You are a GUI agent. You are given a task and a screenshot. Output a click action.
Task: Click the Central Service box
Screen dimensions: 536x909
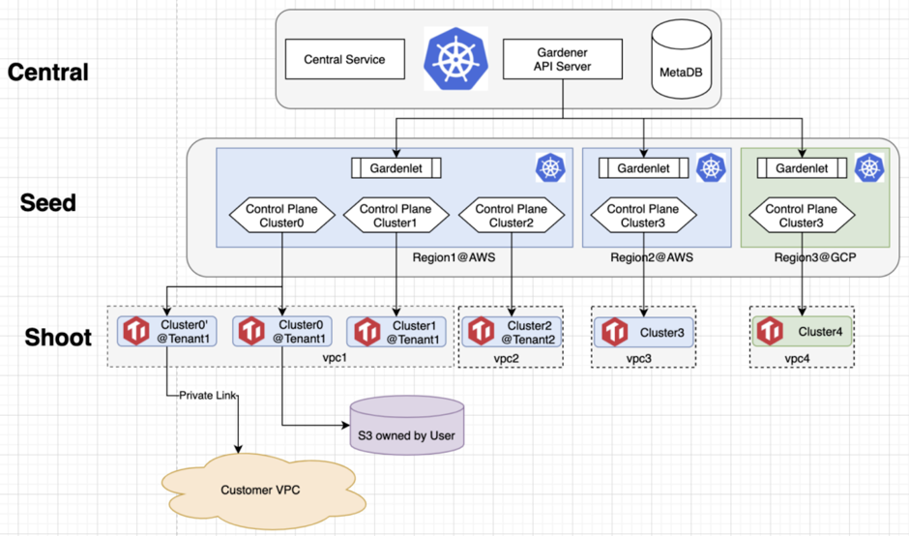[x=344, y=60]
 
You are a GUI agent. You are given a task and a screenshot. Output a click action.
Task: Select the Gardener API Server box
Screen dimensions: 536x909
[x=562, y=60]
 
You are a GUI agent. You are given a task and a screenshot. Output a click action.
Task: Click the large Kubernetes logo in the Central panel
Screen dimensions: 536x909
[x=454, y=58]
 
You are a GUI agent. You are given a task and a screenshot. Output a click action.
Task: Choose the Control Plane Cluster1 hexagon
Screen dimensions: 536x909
[x=397, y=216]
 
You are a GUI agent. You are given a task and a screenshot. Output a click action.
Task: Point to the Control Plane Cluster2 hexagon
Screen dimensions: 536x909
[x=510, y=216]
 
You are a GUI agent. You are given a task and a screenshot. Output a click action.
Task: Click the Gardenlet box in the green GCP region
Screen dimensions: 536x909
[x=802, y=168]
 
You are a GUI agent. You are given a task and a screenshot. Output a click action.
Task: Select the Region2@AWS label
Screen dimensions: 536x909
[x=651, y=258]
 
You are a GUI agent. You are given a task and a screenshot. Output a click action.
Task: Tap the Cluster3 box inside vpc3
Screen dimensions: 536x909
[x=644, y=332]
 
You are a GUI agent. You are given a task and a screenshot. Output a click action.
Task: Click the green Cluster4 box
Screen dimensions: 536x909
[x=802, y=332]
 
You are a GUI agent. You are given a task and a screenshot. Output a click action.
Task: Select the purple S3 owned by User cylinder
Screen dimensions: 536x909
[x=407, y=427]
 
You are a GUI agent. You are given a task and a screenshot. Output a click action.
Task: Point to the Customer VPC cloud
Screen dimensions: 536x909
[x=260, y=490]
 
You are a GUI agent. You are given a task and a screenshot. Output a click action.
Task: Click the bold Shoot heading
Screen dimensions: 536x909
[x=57, y=337]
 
